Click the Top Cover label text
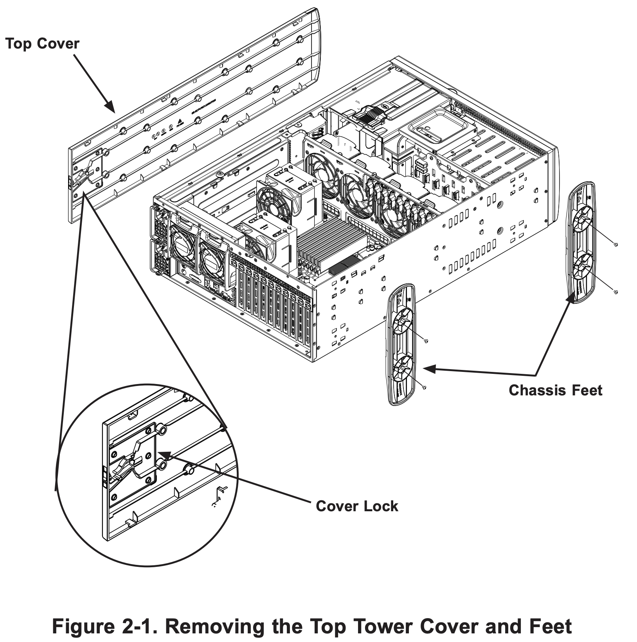pyautogui.click(x=42, y=43)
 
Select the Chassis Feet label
pyautogui.click(x=555, y=390)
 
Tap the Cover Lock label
pyautogui.click(x=357, y=506)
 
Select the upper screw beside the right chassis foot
pyautogui.click(x=616, y=245)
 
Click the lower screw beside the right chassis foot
pyautogui.click(x=616, y=292)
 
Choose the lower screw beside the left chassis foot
pyautogui.click(x=425, y=387)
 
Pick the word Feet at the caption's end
pyautogui.click(x=550, y=626)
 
